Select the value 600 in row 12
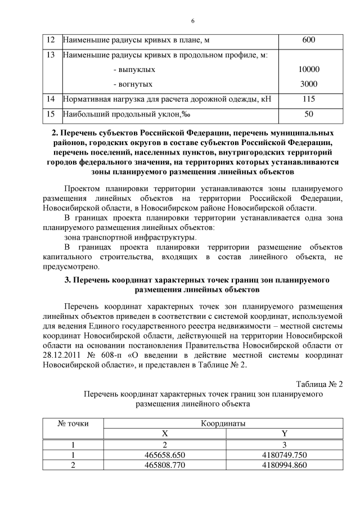[x=308, y=40]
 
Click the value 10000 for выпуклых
[x=308, y=70]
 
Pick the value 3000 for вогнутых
[x=308, y=84]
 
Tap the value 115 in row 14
[x=308, y=99]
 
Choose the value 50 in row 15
[x=308, y=114]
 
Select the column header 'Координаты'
[x=223, y=423]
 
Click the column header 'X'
[x=165, y=434]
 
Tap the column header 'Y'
[x=284, y=434]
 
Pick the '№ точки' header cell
[x=74, y=423]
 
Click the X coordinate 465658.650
[x=165, y=454]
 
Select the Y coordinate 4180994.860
[x=284, y=465]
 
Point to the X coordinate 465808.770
[x=165, y=465]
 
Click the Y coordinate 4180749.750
[x=284, y=454]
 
